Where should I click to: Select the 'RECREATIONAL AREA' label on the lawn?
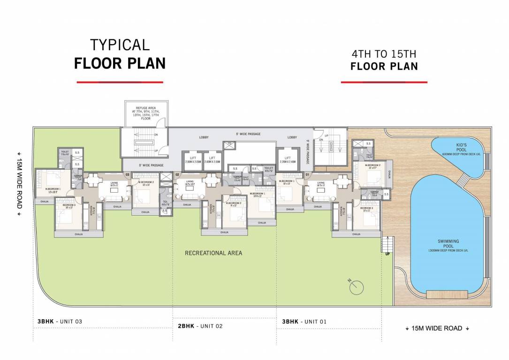213,253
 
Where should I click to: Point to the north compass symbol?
356,286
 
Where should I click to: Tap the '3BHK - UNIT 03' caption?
60,322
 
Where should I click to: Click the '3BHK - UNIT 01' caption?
304,322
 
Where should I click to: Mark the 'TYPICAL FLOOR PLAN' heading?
120,54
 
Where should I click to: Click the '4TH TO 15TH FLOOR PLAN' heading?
384,60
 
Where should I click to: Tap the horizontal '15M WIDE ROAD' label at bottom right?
437,329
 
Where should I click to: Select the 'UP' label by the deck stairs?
387,254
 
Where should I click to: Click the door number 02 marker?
177,175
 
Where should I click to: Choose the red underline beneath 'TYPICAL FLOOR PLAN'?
120,82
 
